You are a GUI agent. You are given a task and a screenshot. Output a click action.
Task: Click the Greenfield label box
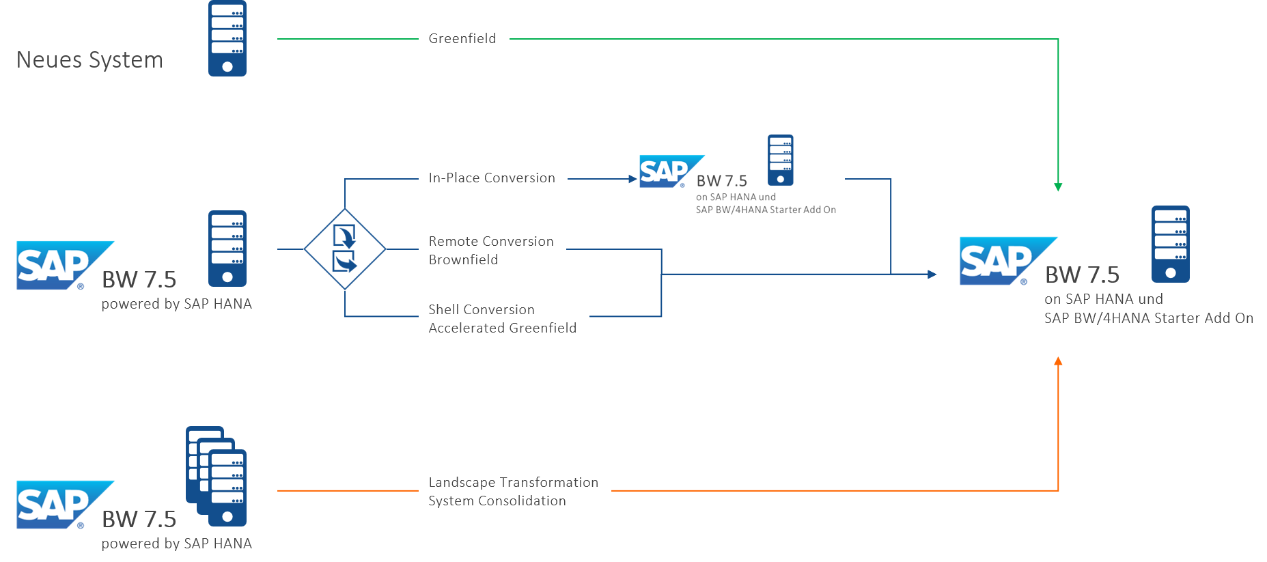(x=464, y=39)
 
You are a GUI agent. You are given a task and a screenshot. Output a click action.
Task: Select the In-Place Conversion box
(x=492, y=178)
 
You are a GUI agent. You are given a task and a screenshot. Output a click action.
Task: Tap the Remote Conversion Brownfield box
(x=492, y=251)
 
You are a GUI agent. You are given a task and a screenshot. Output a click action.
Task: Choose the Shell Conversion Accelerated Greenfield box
(x=503, y=319)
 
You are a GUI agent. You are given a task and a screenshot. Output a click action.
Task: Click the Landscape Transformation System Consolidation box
(x=514, y=492)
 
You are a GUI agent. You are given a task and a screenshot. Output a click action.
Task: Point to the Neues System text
(x=89, y=60)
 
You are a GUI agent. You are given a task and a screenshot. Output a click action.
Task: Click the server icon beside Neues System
(x=227, y=38)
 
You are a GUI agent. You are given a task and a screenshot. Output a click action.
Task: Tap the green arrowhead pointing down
(x=1058, y=186)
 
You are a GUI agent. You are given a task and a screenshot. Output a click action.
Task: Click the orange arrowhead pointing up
(x=1058, y=361)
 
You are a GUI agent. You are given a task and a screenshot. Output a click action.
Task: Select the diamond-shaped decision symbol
(x=345, y=249)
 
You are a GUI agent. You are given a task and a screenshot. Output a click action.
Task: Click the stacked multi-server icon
(x=217, y=477)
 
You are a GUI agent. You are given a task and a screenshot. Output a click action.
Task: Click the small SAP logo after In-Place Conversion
(x=669, y=171)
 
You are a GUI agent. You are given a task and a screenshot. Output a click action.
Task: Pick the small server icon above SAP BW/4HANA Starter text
(x=781, y=160)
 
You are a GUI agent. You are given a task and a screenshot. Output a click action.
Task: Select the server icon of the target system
(x=1171, y=244)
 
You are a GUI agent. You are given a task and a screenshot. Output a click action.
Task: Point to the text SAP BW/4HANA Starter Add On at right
(x=1148, y=318)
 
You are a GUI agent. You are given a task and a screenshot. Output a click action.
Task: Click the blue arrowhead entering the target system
(x=932, y=275)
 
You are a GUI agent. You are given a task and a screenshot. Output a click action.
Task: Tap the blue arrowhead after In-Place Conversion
(x=632, y=179)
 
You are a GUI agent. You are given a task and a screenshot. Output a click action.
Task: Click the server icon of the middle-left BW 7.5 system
(x=227, y=249)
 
